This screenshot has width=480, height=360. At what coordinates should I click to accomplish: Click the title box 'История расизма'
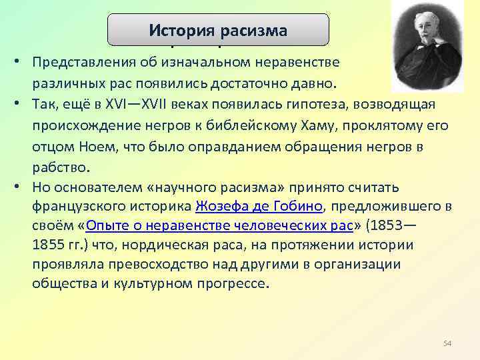click(219, 30)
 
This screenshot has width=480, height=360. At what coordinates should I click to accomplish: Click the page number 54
click(447, 343)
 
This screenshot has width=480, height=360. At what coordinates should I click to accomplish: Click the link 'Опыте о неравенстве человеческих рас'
click(219, 225)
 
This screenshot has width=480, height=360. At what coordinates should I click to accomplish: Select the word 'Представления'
click(77, 63)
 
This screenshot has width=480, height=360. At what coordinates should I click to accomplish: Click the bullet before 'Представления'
click(21, 63)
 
